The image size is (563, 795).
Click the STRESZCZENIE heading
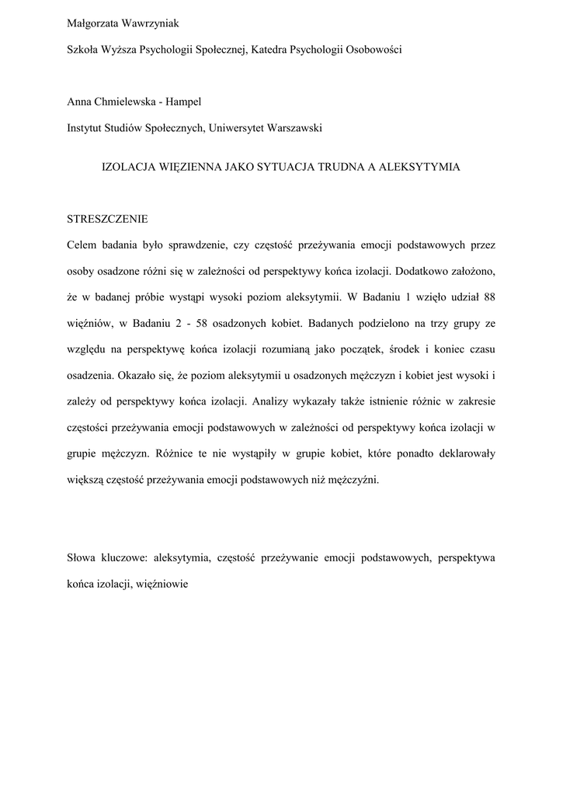pos(108,219)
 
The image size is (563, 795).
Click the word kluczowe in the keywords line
pos(124,557)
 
